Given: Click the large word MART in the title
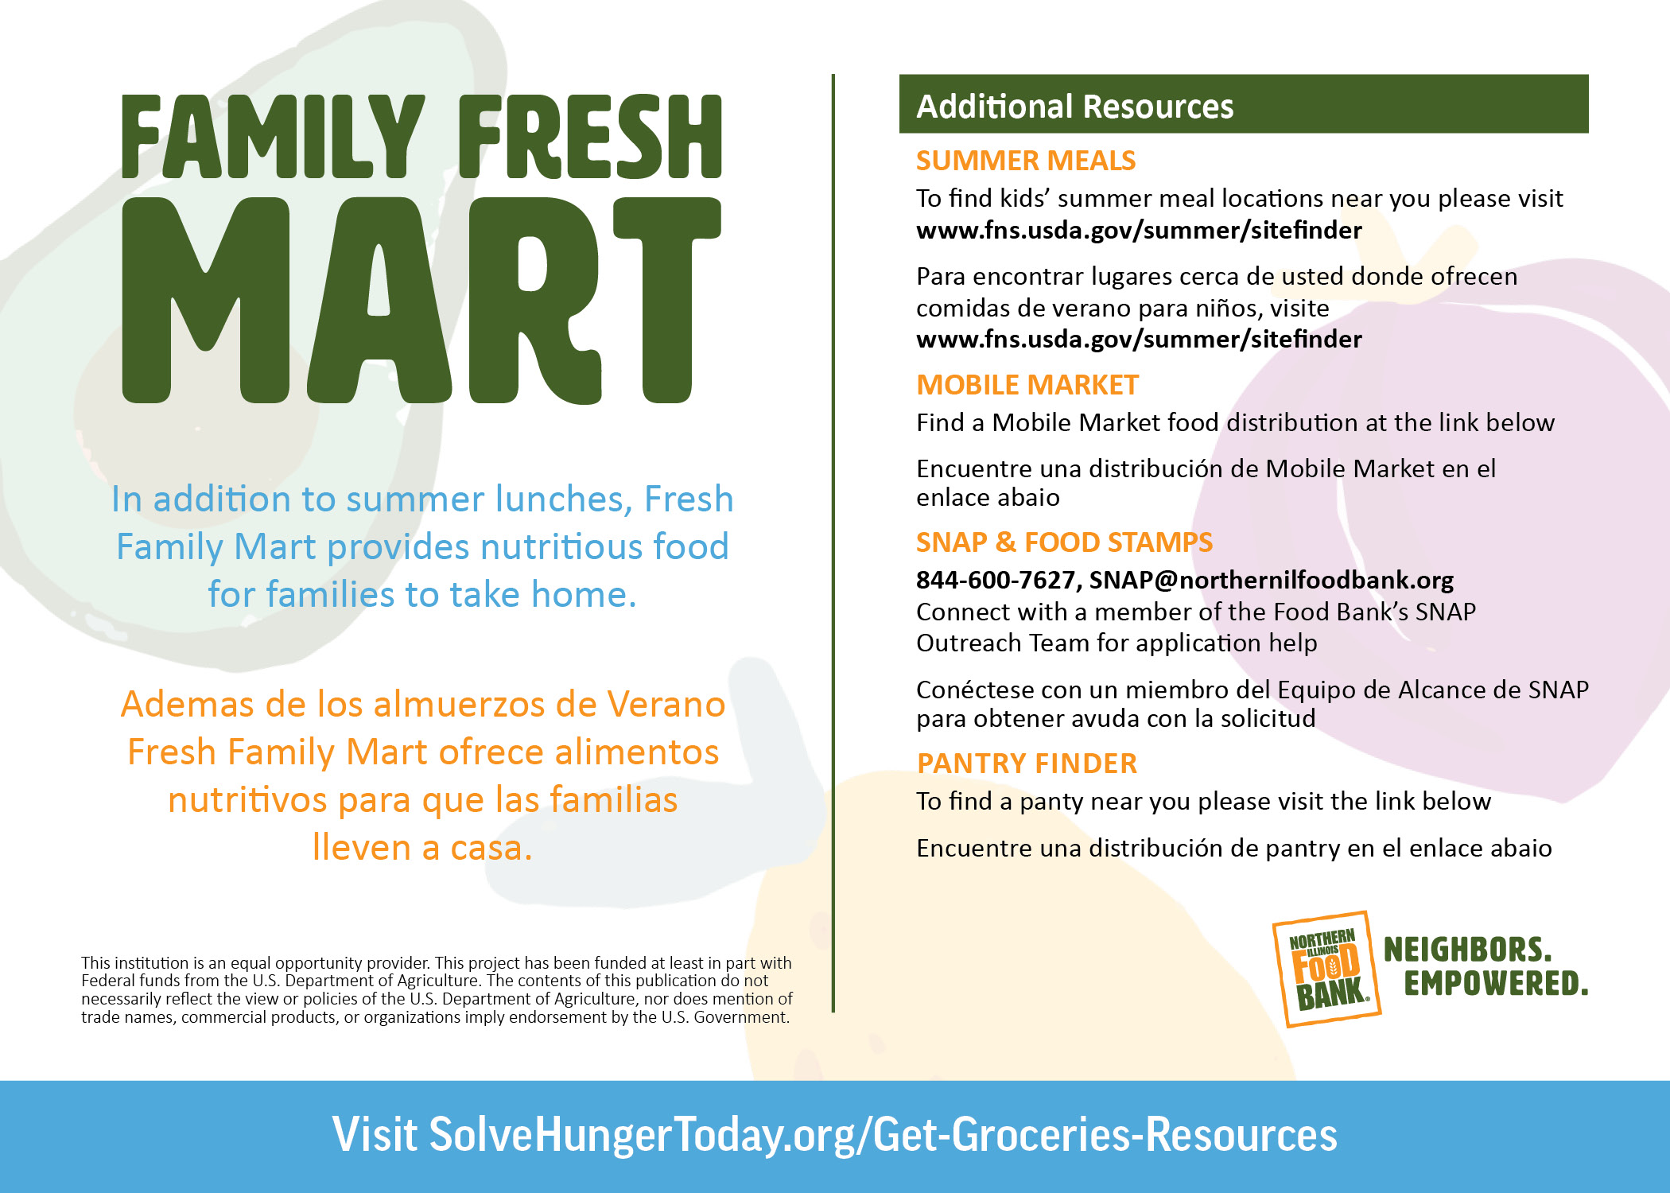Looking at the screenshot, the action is coord(421,300).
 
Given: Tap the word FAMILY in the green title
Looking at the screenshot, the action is coord(273,136).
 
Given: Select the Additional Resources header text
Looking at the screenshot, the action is coord(1074,106).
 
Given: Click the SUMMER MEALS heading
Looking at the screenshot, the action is coord(1026,161).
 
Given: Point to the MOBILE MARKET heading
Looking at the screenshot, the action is coord(1027,385).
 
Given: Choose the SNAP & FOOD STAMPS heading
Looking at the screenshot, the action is coord(1064,542).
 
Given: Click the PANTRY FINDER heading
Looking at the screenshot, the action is coord(1027,764).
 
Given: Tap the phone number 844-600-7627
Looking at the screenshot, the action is coord(998,580).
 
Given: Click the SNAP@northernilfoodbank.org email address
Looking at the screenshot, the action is coord(1272,581).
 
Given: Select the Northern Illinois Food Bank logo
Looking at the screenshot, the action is coord(1326,969).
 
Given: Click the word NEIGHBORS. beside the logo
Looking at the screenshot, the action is coord(1468,950).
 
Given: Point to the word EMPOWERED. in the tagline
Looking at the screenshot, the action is coord(1496,983).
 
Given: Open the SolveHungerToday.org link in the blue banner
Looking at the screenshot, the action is coord(884,1134).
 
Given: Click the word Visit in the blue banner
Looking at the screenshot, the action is coord(375,1133).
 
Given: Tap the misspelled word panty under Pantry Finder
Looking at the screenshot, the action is coord(1051,802).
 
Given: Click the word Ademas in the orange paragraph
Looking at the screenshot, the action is coord(188,704).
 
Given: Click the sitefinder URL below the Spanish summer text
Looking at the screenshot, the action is coord(1139,340).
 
